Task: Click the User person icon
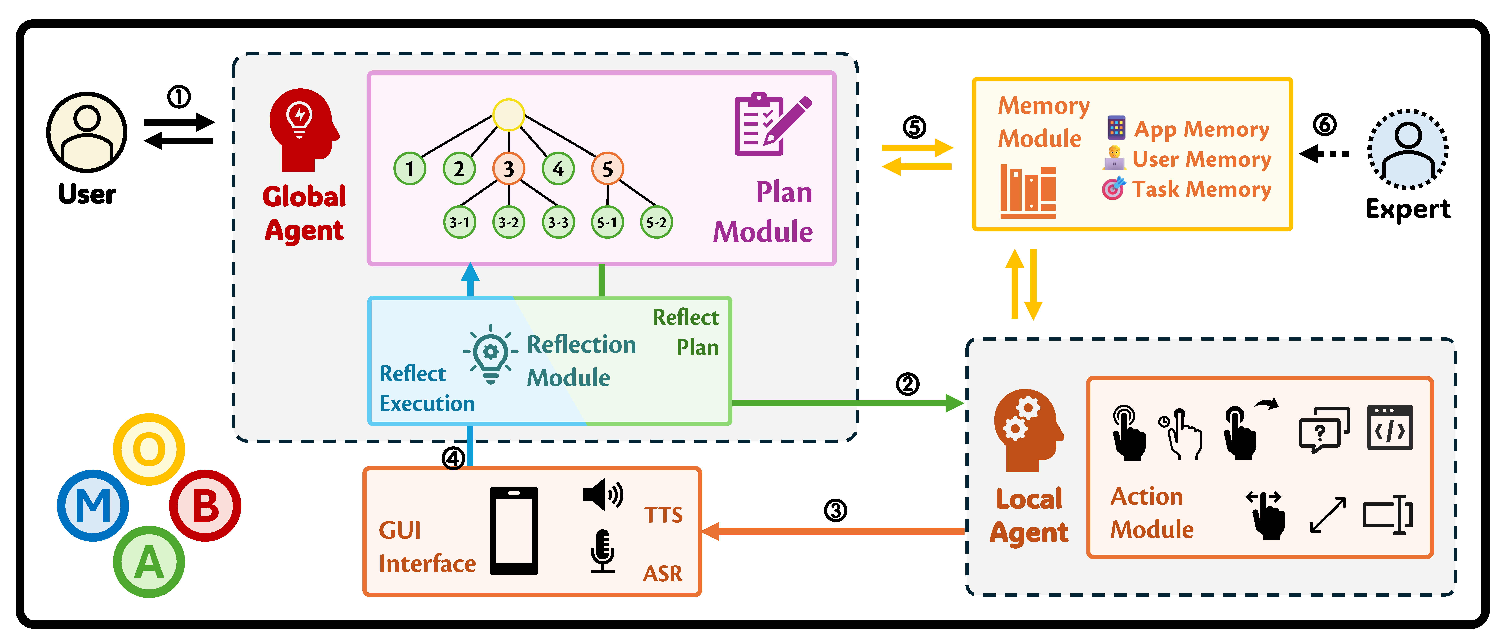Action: pyautogui.click(x=86, y=132)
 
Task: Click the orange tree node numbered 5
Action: pyautogui.click(x=607, y=169)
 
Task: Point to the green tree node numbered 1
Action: pyautogui.click(x=410, y=169)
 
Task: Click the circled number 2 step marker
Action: pyautogui.click(x=907, y=384)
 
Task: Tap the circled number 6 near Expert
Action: pyautogui.click(x=1325, y=125)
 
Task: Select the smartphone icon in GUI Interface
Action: pyautogui.click(x=514, y=530)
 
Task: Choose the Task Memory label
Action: pyautogui.click(x=1201, y=190)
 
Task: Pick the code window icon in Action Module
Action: pyautogui.click(x=1390, y=428)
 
